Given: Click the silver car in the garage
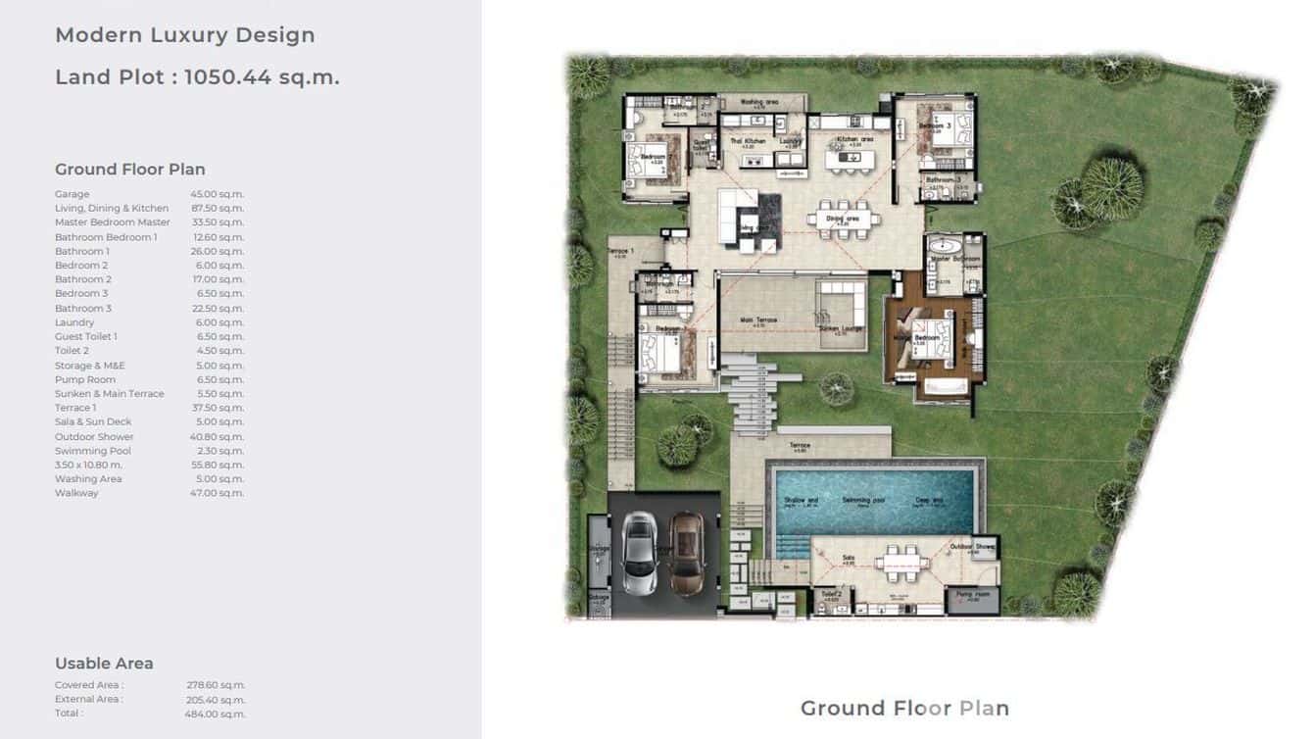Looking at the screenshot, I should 639,555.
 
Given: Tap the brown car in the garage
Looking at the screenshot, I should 686,555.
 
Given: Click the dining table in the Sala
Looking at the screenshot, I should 901,563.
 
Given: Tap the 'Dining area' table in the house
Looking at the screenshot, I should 843,222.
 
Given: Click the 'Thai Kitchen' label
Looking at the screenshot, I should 748,141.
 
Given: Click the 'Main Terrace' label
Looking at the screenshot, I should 759,320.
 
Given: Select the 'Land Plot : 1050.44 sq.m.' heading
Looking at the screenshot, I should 197,77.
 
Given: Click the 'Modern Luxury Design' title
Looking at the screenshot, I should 185,35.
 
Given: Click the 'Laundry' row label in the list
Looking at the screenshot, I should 74,322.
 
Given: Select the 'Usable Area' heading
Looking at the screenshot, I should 104,664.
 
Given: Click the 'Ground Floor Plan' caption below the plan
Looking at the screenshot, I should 904,708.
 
